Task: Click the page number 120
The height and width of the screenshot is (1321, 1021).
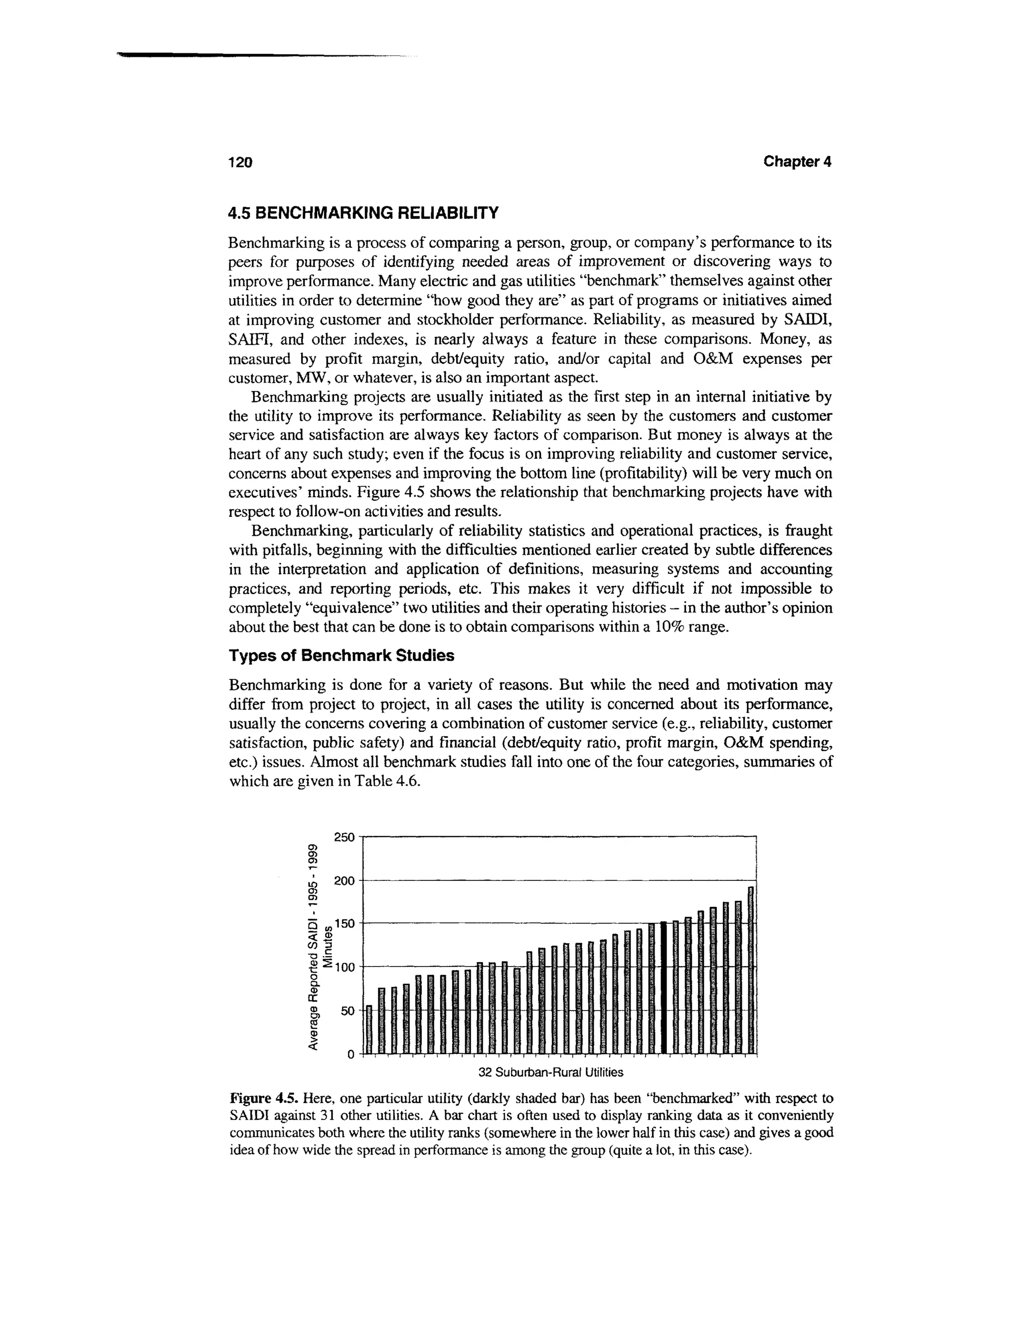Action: coord(239,163)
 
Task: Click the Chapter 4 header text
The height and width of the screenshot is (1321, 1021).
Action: coord(797,162)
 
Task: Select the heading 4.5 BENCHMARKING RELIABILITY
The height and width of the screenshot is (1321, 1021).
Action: coord(363,213)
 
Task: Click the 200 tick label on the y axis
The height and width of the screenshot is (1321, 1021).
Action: coord(343,881)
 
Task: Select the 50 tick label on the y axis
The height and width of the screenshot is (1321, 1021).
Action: coord(347,1011)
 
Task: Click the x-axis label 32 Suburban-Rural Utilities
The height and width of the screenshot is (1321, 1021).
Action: coord(550,1072)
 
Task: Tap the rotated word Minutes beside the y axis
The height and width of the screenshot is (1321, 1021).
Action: coord(329,947)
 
